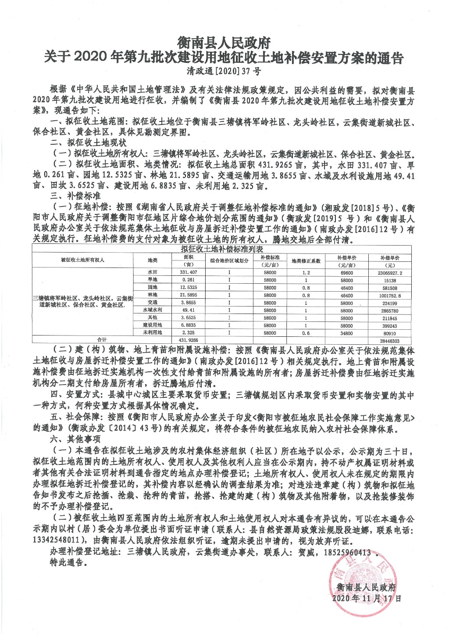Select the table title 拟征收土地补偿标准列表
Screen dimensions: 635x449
[225, 249]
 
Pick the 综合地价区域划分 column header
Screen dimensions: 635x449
[229, 260]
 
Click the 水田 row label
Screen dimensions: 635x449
[153, 272]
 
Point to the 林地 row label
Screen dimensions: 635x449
[153, 295]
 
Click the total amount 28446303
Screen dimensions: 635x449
[390, 341]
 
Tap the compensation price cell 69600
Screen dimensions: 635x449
[346, 272]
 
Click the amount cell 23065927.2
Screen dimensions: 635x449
[390, 272]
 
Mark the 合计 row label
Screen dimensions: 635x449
[102, 340]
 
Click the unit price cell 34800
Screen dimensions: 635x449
[346, 333]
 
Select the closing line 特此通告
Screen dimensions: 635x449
[67, 563]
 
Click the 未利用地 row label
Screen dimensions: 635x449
[153, 333]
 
